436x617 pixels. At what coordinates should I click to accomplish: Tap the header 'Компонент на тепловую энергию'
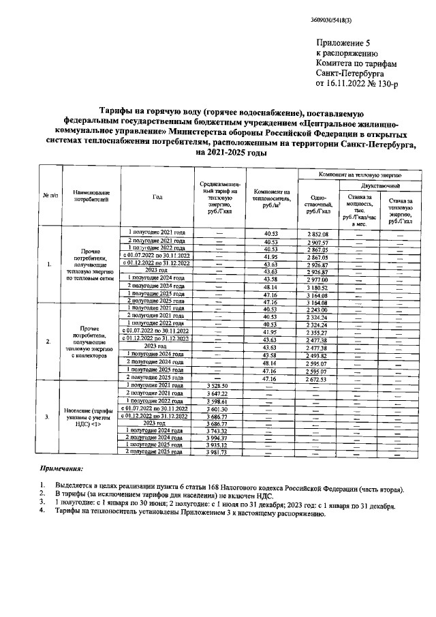(354, 175)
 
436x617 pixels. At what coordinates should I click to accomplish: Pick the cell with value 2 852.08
(317, 234)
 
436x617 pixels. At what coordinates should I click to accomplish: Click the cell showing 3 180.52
(317, 287)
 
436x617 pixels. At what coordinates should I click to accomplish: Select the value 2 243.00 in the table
(317, 310)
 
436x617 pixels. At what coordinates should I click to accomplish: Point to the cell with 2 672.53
(317, 378)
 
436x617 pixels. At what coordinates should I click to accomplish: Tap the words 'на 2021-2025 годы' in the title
(217, 153)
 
